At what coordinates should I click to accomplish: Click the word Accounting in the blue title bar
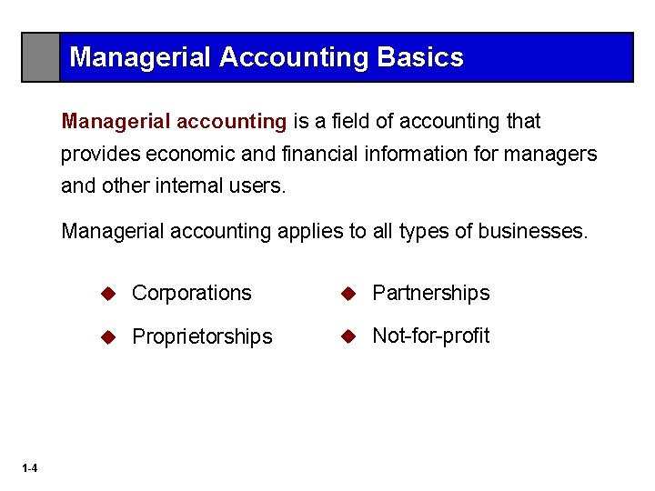[x=294, y=57]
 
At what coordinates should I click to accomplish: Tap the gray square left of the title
[x=41, y=57]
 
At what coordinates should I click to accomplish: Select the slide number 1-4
[x=30, y=468]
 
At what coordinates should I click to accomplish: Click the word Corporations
[x=191, y=293]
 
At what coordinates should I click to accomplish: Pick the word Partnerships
[x=430, y=293]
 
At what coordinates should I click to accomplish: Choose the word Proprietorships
[x=202, y=336]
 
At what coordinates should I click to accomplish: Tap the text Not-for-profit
[x=430, y=336]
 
